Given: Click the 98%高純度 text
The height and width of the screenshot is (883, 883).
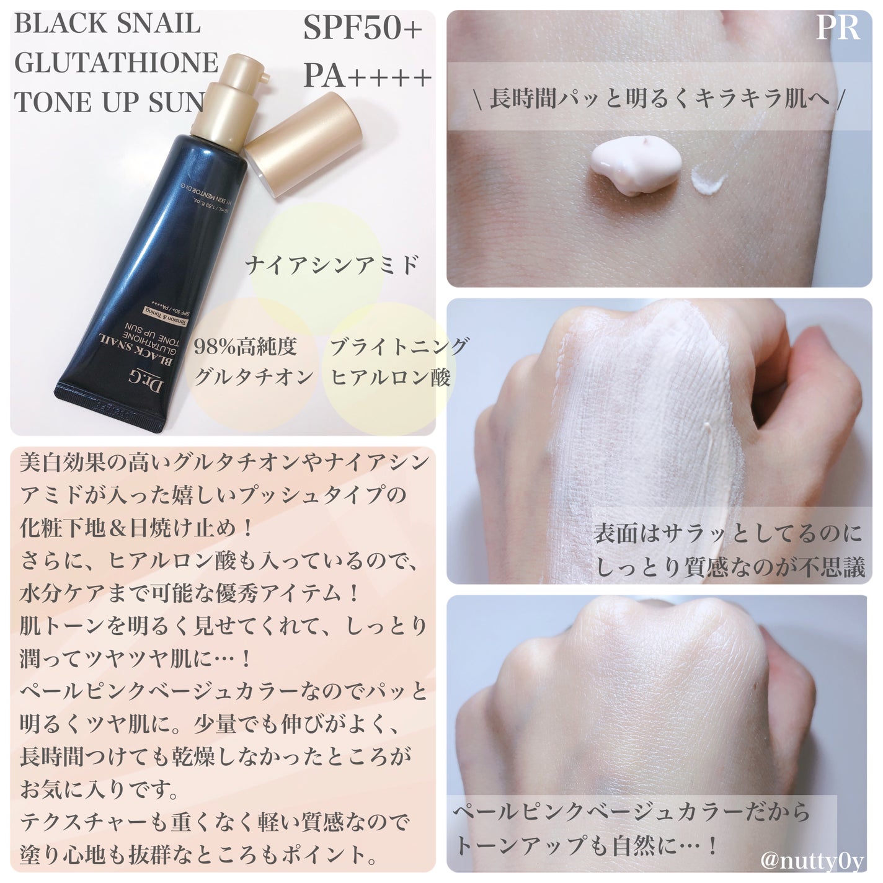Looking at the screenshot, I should [246, 347].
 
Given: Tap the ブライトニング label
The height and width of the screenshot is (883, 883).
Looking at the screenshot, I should [399, 347].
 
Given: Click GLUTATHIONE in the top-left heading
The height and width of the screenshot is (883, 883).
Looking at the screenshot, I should [115, 63].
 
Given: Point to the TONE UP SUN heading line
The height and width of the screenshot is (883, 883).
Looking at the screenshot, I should [109, 102].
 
